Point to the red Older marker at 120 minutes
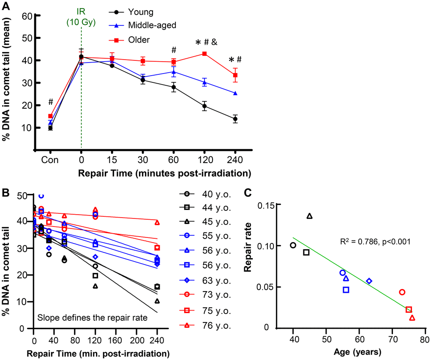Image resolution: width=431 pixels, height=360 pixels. click(205, 54)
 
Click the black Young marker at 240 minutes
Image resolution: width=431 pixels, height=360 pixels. click(235, 119)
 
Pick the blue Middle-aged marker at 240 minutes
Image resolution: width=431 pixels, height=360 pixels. click(235, 93)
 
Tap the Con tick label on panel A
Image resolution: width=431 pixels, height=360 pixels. click(50, 161)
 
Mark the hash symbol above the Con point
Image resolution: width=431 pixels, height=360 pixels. click(50, 102)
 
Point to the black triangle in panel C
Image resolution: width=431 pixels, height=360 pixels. click(310, 216)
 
